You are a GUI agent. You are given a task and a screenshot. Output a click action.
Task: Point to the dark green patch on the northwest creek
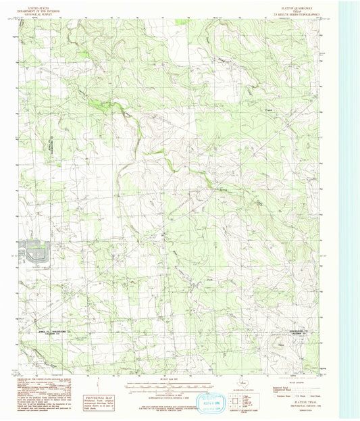point(107,103)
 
